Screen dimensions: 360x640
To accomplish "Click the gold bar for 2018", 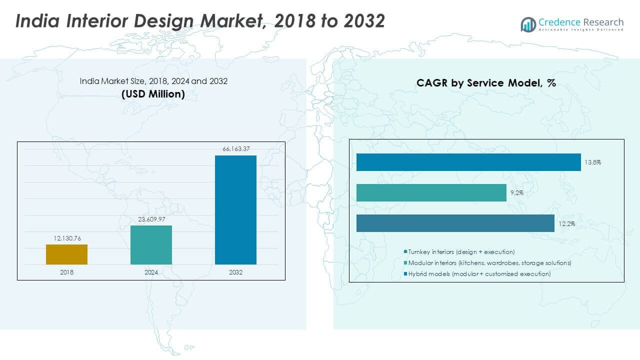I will [66, 254].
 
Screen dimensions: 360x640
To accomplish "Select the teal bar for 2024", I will [151, 244].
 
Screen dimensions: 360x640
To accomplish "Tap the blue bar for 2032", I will [235, 209].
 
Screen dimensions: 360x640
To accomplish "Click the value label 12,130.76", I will [66, 238].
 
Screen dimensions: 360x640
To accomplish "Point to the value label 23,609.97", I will [151, 219].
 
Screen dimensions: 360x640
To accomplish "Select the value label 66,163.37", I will [235, 148].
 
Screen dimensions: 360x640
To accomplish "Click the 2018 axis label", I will [66, 272].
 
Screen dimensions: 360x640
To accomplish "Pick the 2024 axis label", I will [151, 272].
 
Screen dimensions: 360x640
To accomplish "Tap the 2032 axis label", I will [235, 272].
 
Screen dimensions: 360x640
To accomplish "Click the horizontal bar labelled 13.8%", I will [468, 162].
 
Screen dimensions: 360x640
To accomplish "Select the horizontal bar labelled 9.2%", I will [431, 192].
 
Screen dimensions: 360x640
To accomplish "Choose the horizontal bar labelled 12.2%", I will [455, 223].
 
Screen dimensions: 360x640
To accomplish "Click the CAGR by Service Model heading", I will [486, 83].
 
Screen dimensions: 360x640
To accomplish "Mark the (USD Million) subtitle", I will [153, 93].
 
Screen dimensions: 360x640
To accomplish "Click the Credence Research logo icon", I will [528, 24].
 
